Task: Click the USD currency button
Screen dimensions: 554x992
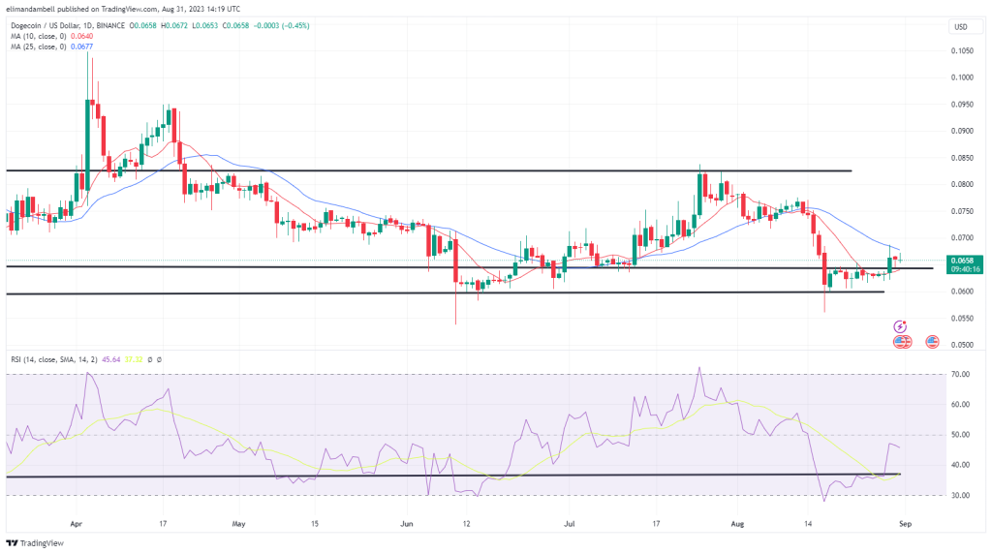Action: [961, 26]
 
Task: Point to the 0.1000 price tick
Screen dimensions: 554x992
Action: [961, 77]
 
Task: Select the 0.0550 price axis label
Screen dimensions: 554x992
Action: [961, 318]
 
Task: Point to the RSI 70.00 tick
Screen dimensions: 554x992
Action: [961, 374]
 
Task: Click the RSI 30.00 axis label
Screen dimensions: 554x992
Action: [961, 495]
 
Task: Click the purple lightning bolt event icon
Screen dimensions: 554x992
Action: [901, 327]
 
